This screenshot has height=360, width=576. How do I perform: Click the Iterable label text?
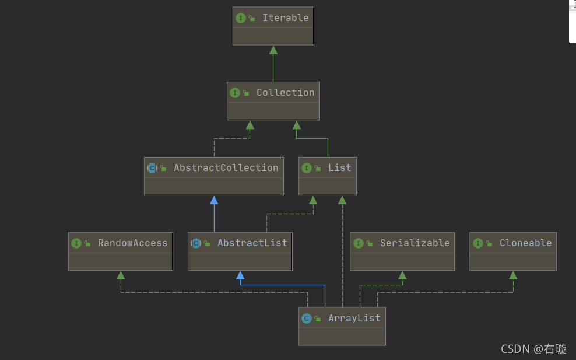(x=285, y=18)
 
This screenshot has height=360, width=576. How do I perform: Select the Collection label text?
(x=285, y=92)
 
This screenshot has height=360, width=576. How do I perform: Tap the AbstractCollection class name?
(x=226, y=167)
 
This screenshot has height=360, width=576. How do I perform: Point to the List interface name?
(x=339, y=167)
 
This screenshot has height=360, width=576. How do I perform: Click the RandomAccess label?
(x=132, y=243)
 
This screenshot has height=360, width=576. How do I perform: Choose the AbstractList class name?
(x=252, y=243)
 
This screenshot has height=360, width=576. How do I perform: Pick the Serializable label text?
(x=415, y=243)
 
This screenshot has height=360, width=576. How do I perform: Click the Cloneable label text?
(x=525, y=243)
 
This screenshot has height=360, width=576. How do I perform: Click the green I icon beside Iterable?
(x=241, y=18)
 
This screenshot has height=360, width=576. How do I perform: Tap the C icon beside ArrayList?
(x=307, y=319)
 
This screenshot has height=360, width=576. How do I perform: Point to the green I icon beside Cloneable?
(x=478, y=243)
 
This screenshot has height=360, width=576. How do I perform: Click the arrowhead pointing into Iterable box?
(x=273, y=50)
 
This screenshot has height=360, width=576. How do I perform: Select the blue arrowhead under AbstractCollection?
(x=214, y=200)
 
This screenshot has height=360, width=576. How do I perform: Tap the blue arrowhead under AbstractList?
(x=240, y=275)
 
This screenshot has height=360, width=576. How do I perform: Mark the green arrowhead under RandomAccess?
(x=121, y=275)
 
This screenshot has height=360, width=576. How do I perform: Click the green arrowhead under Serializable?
(x=402, y=275)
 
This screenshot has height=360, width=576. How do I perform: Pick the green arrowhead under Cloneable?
(x=513, y=275)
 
